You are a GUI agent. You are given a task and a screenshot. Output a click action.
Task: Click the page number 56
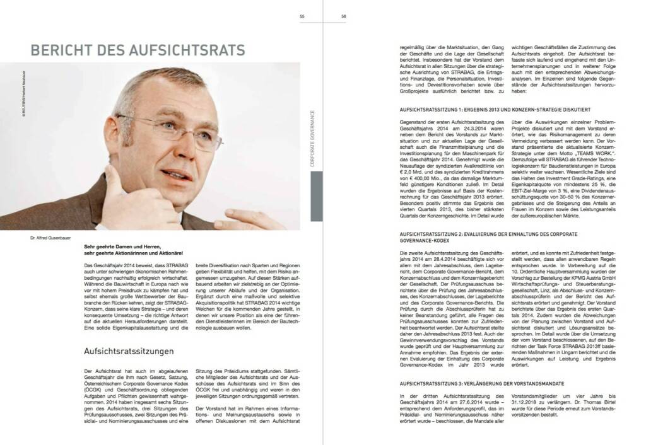[343, 17]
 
